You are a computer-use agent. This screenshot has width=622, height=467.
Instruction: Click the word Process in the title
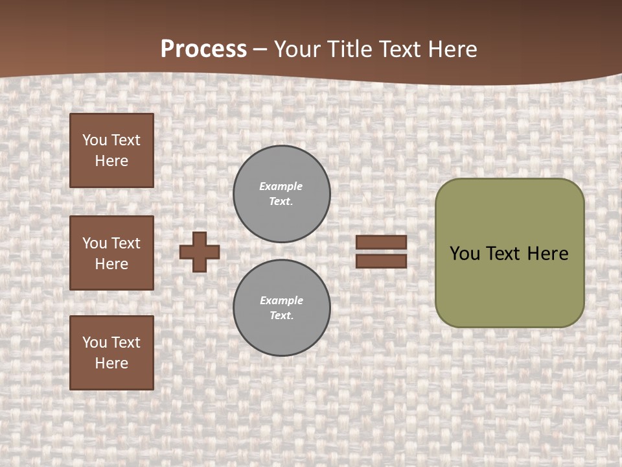(x=203, y=49)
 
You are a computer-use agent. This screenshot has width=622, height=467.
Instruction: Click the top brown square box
(x=111, y=150)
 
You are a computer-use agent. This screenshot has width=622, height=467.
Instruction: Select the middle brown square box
(x=111, y=253)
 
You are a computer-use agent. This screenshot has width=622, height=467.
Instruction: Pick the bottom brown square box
(x=111, y=353)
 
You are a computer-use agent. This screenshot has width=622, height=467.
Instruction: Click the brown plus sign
(x=200, y=252)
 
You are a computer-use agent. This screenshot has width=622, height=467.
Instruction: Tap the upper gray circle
(x=282, y=194)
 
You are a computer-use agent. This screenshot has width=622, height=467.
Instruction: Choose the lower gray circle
(x=282, y=308)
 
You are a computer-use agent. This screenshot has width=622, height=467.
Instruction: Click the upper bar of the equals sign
(x=382, y=243)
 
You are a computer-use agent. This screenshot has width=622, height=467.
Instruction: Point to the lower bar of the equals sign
(x=382, y=261)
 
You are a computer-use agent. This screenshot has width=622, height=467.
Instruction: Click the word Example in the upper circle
(x=281, y=186)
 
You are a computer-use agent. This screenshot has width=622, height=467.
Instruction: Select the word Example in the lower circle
(x=281, y=300)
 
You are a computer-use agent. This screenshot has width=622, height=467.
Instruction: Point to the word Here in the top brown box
(x=111, y=161)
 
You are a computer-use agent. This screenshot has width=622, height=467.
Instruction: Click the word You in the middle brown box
(x=94, y=243)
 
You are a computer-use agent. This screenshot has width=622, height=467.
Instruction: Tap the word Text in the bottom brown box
(x=125, y=342)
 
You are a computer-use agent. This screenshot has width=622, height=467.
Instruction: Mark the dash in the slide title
(x=260, y=49)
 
